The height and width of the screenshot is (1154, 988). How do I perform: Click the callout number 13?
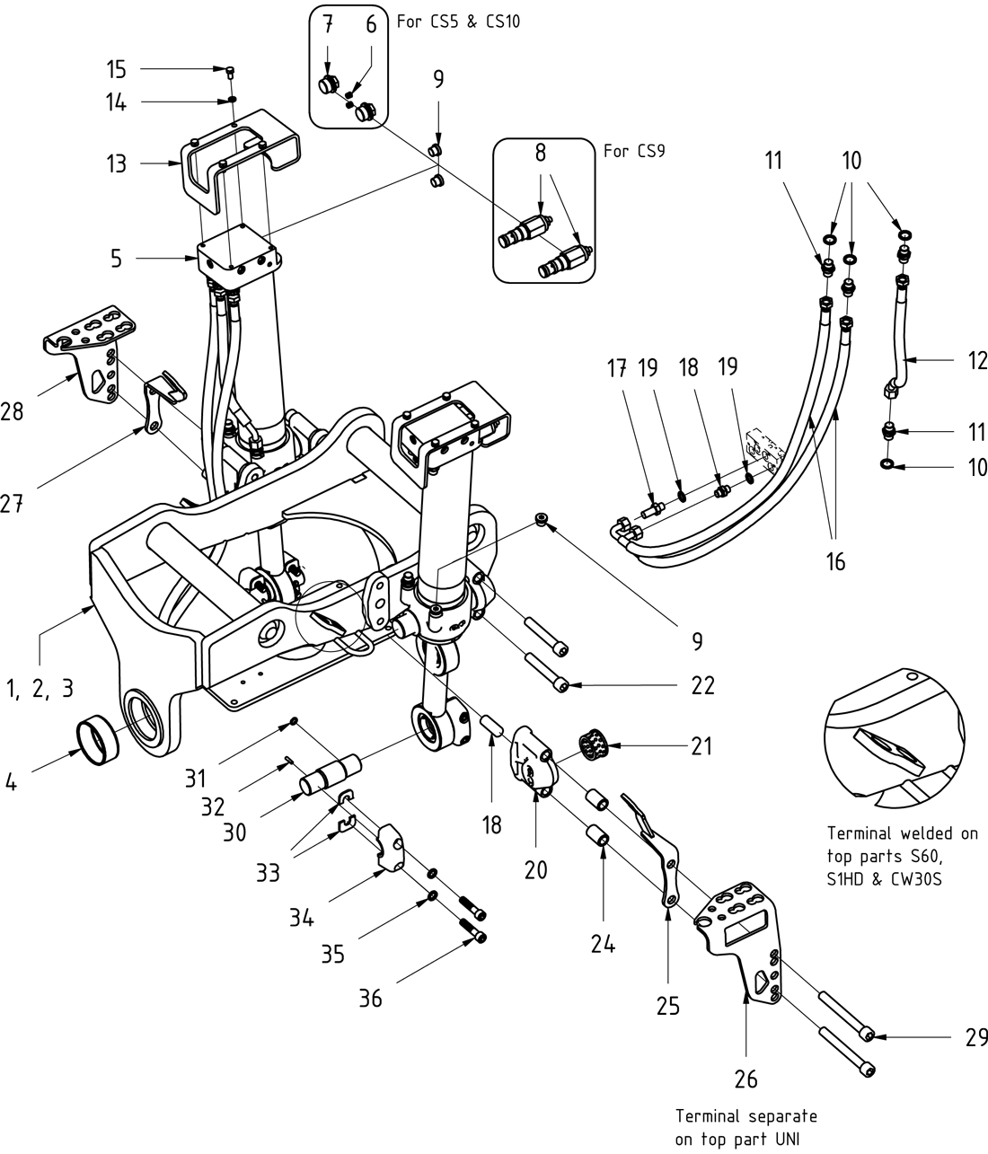[x=115, y=164]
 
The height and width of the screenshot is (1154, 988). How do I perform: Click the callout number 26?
[x=746, y=1079]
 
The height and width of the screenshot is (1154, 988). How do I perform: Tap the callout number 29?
[x=975, y=1038]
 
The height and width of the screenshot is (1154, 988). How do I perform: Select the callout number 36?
[x=370, y=997]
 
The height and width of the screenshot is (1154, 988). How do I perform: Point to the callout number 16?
[x=834, y=562]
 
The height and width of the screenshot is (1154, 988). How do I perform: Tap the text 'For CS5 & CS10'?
[x=458, y=21]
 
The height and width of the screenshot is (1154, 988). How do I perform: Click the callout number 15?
[x=116, y=69]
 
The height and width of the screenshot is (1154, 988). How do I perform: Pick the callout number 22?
[x=702, y=685]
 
